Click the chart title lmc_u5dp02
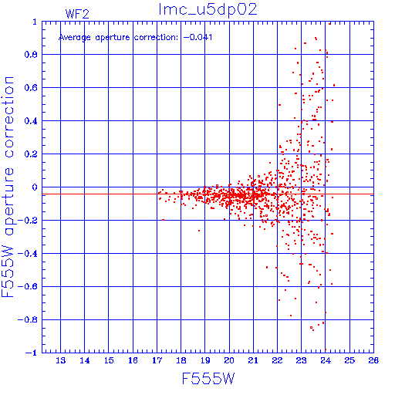point(208,10)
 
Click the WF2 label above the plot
point(77,14)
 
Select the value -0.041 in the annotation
point(197,37)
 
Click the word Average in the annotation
point(75,38)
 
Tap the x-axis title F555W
point(208,379)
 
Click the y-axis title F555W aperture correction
point(8,187)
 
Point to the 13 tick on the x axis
point(60,360)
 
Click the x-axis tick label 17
point(157,360)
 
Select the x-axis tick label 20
point(229,360)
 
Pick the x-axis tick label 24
point(326,360)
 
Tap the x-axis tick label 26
point(373,360)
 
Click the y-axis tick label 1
point(35,22)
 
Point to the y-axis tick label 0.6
point(31,88)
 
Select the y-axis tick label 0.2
point(31,154)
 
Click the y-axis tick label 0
point(35,187)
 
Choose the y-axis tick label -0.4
point(28,254)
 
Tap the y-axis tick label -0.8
point(28,320)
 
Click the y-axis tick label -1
point(31,353)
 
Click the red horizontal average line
point(208,194)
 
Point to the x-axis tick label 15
point(109,360)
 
